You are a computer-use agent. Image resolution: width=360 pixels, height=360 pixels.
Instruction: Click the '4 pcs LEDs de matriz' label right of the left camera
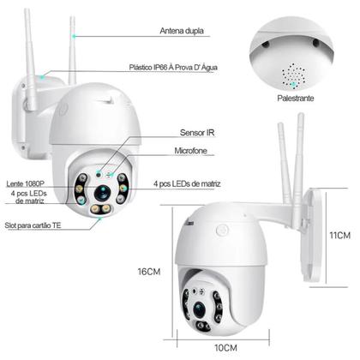coord(194,183)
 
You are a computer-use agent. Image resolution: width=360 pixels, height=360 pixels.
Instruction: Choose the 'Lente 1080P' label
coord(26,183)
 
